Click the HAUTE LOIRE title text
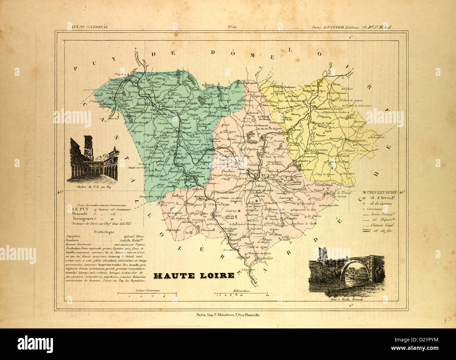click(194, 275)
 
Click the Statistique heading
click(102, 232)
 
